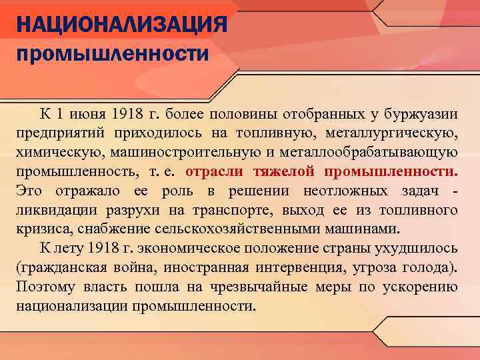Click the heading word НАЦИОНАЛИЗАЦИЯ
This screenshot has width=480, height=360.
click(123, 27)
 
